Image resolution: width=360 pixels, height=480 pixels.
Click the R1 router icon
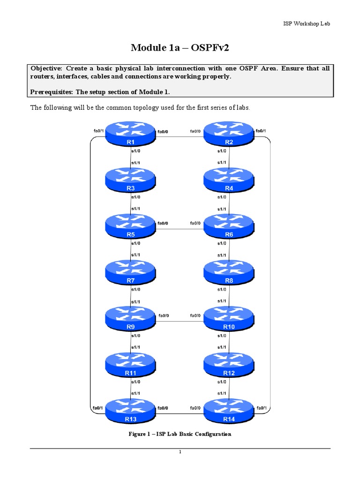click(x=130, y=134)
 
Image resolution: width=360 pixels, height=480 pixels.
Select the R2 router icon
click(x=229, y=134)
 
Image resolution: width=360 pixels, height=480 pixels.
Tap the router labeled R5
click(x=130, y=226)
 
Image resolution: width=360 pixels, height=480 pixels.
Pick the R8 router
click(x=229, y=272)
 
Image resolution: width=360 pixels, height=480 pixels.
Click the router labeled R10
click(x=229, y=318)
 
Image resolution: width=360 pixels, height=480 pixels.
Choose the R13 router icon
click(x=130, y=410)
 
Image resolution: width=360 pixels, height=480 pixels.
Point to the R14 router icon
click(x=229, y=410)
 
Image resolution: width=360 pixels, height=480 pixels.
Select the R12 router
click(x=229, y=364)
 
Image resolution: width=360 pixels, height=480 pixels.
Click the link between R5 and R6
click(x=180, y=229)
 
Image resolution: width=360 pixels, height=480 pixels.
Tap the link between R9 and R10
click(x=180, y=321)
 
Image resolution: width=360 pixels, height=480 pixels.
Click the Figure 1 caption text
click(x=180, y=434)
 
